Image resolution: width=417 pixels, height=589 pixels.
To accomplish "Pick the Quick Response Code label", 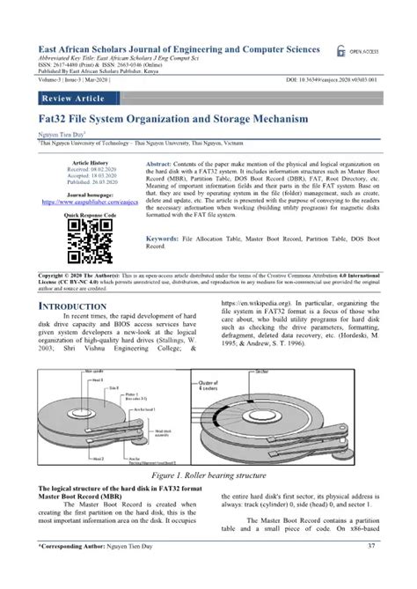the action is coord(89,214).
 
